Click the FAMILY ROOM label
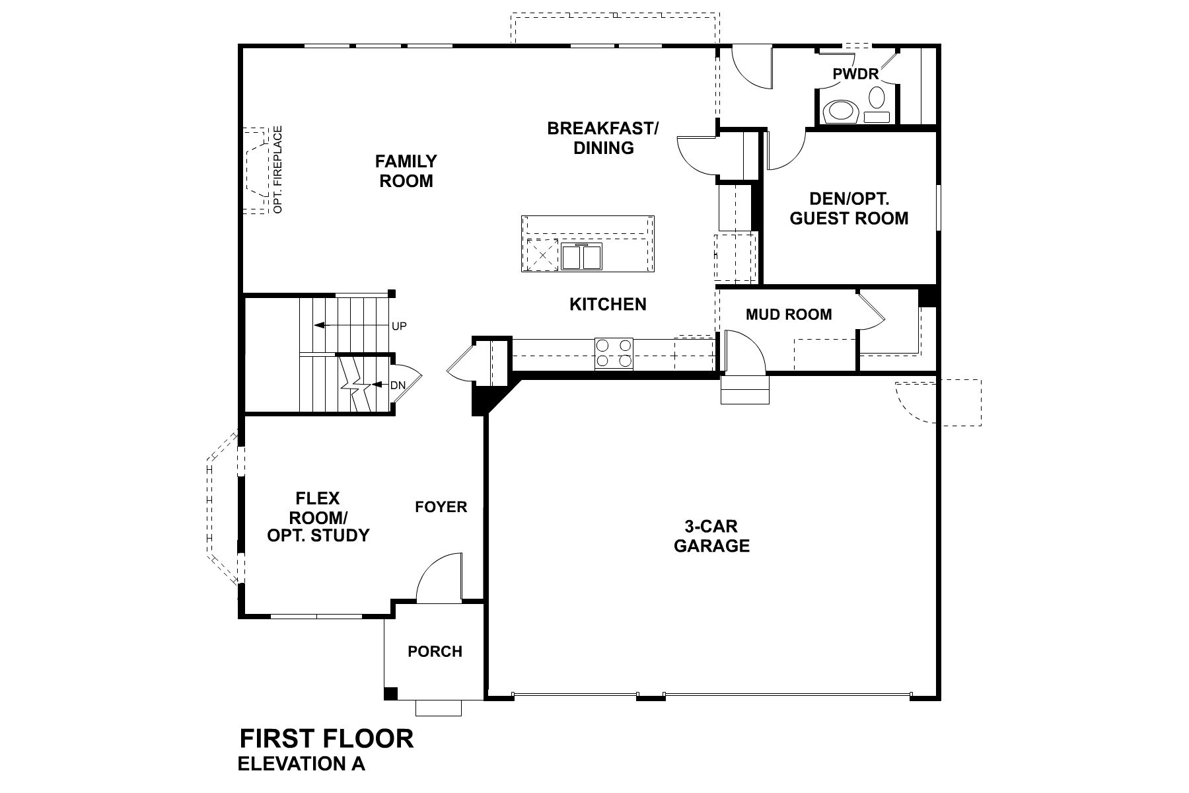406,171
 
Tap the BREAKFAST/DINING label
602,138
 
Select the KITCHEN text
608,305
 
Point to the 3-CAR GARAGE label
711,536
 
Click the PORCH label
435,652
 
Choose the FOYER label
441,507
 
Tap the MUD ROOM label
789,315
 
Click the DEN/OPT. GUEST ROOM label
849,209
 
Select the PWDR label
855,74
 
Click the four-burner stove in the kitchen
614,353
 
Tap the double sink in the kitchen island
582,256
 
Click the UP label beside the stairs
399,326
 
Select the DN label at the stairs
398,385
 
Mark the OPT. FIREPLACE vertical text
277,170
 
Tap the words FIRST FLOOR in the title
326,738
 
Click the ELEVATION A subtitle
301,764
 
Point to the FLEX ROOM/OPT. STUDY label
318,517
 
